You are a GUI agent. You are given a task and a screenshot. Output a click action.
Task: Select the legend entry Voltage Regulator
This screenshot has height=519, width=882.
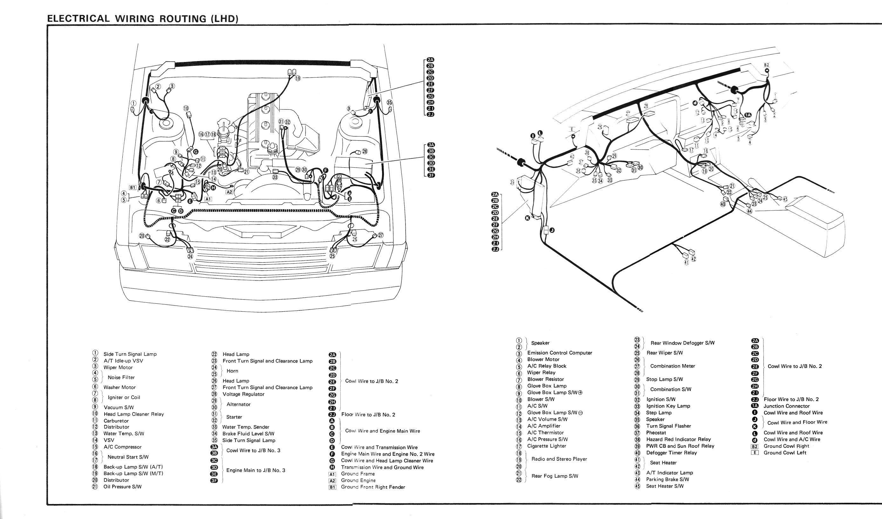tap(243, 394)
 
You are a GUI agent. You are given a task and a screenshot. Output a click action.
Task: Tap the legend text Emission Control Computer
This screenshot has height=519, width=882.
tap(559, 353)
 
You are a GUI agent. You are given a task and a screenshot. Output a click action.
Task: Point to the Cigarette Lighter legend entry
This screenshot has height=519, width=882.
tap(546, 446)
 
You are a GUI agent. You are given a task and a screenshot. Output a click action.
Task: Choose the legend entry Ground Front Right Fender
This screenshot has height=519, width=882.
tap(373, 487)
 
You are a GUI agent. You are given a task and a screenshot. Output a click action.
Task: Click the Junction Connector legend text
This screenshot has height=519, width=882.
tap(786, 406)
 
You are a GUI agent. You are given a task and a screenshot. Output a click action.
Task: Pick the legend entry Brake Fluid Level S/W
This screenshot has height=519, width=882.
tap(248, 433)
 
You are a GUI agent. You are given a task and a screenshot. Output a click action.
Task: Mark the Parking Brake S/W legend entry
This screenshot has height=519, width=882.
tap(667, 479)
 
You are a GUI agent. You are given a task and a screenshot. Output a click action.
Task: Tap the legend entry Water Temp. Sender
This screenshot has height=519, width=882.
tap(246, 427)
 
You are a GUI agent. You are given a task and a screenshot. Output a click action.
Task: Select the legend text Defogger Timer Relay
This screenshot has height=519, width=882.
tap(671, 453)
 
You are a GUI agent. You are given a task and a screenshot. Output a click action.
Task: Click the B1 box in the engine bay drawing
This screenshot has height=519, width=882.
tap(132, 187)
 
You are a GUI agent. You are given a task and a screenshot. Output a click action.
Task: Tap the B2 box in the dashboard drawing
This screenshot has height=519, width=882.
tap(766, 65)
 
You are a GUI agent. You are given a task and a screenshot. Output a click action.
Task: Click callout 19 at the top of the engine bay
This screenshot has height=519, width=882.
tap(297, 79)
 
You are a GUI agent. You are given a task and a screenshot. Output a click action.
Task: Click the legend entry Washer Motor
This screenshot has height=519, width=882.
tap(120, 387)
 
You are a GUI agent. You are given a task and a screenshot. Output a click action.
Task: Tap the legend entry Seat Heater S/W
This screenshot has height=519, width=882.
tap(665, 486)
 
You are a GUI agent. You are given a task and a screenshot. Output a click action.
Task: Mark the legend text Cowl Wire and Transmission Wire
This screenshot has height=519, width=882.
tap(379, 447)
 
